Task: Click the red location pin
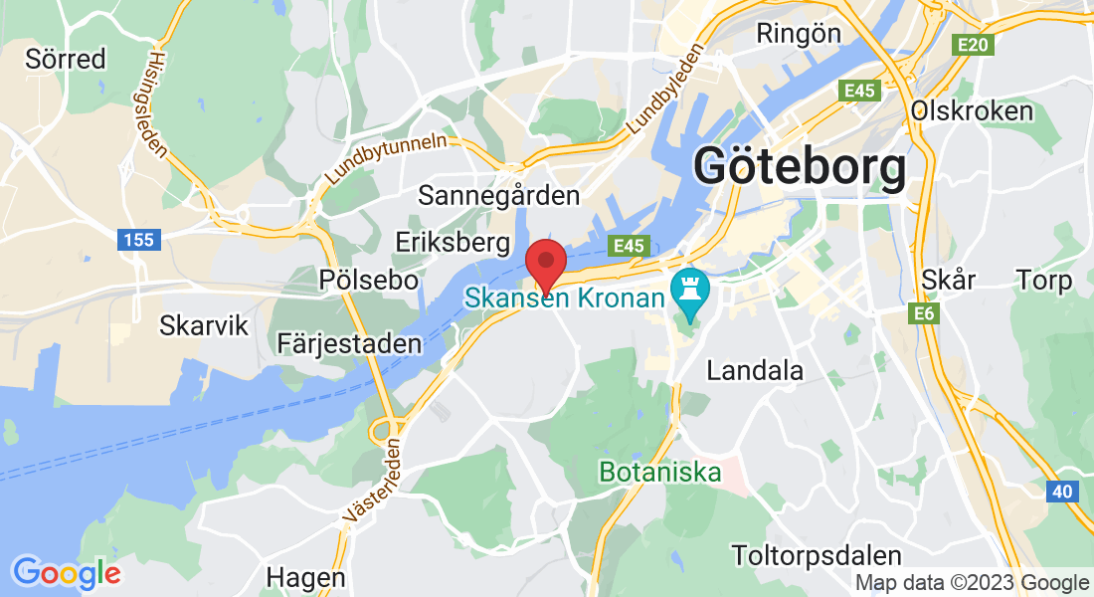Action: [546, 263]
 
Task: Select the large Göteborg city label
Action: [801, 166]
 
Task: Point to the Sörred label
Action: [66, 59]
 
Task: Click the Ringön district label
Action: [799, 33]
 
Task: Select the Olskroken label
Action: [972, 110]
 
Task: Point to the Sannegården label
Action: [498, 194]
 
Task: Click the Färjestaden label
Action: [349, 343]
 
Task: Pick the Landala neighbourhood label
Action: [755, 371]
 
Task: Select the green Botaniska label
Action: [659, 472]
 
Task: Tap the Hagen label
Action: [306, 577]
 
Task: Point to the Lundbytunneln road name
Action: [386, 159]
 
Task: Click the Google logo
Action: [67, 572]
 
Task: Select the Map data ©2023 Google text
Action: [972, 583]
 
